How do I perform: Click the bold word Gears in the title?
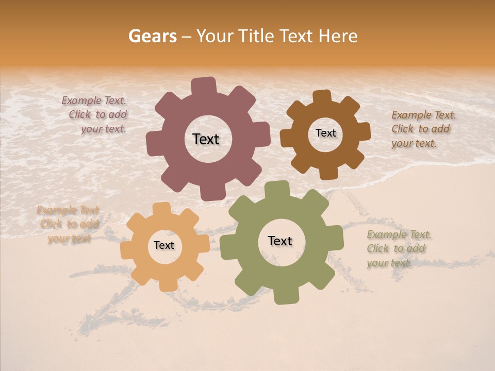tap(152, 36)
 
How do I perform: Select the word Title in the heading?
tap(259, 36)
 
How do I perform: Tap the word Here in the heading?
tap(338, 36)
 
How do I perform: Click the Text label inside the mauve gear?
tap(206, 139)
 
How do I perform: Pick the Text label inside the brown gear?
tap(325, 133)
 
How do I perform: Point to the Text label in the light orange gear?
tap(164, 245)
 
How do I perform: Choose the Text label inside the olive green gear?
tap(280, 241)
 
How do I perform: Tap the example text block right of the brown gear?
tap(423, 129)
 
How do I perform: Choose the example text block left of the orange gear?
tap(69, 224)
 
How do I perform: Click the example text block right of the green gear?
tap(398, 249)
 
